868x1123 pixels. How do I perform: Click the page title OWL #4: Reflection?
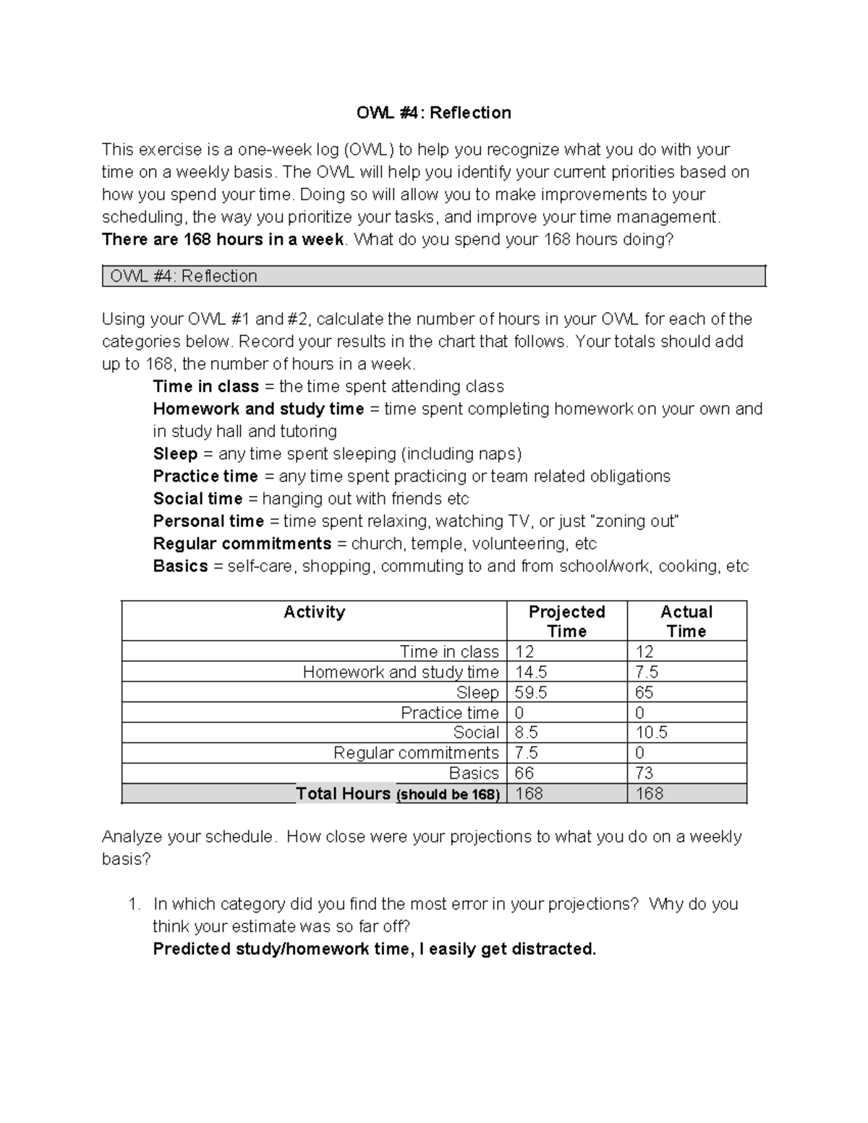pos(433,113)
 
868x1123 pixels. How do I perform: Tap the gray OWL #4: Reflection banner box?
pos(433,276)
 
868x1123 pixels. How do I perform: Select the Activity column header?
pos(314,612)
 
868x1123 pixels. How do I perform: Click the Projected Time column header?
pos(566,621)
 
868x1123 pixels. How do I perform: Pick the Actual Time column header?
pos(686,621)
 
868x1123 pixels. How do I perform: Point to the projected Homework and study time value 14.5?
pos(531,672)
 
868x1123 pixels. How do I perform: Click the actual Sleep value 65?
pos(644,693)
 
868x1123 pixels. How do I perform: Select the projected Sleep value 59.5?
pos(531,693)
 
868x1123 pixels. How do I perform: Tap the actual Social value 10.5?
pos(651,733)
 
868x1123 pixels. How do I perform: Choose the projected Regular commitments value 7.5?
pos(526,753)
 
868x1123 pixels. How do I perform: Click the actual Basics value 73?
pos(644,774)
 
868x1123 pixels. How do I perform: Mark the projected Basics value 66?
pos(524,774)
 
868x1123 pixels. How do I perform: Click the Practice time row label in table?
pos(449,713)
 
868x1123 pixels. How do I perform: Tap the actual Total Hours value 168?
pos(649,794)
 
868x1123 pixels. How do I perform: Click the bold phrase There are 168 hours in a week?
pos(223,240)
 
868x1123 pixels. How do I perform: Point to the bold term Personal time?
pos(208,521)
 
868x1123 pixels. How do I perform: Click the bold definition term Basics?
pos(180,566)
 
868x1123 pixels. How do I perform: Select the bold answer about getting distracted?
pos(374,949)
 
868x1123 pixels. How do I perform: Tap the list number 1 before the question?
pos(132,905)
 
